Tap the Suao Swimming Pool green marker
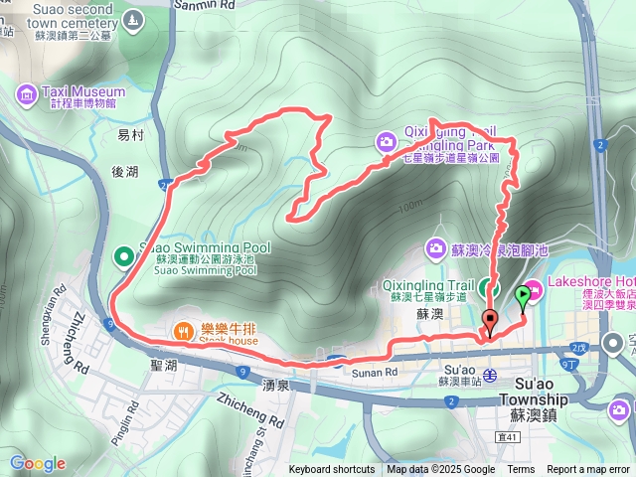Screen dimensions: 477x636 pos(124,257)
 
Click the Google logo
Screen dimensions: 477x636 pos(38,464)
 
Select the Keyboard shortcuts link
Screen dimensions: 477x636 pos(332,470)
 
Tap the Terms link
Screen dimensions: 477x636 pos(521,470)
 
